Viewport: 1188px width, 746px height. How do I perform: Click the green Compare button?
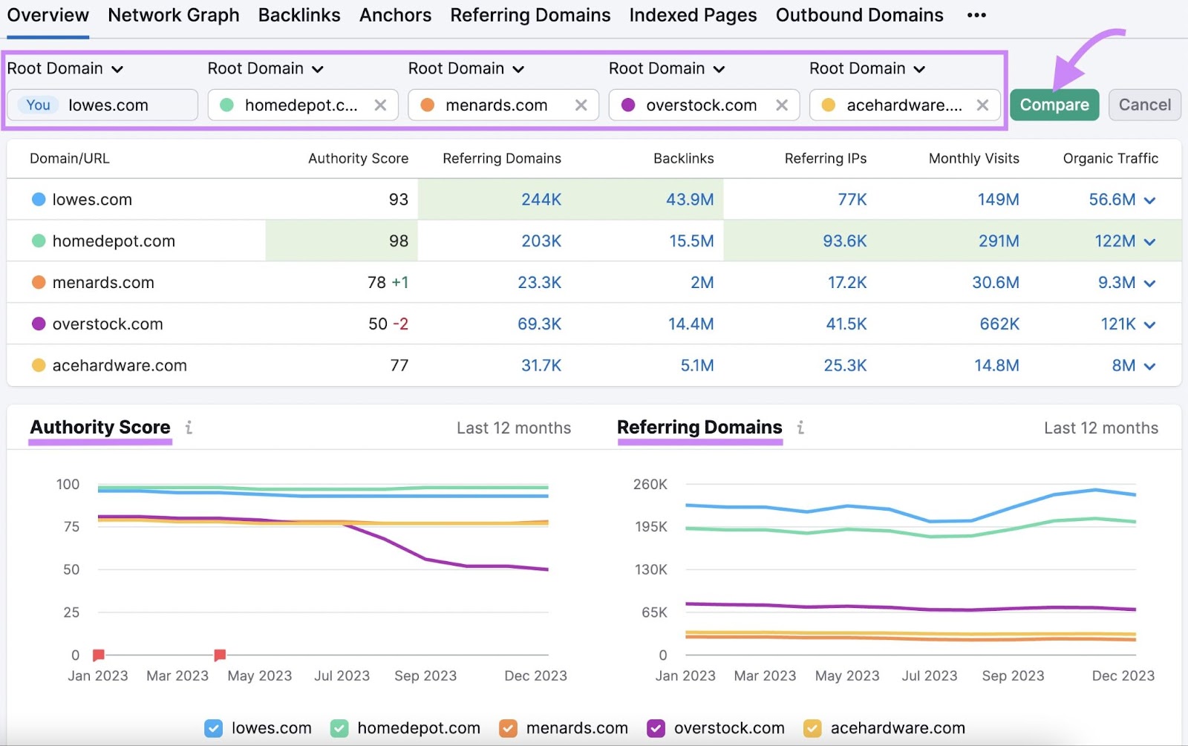[x=1054, y=105]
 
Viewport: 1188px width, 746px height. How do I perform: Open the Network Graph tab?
[x=174, y=15]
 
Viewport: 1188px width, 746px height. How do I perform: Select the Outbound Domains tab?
[x=859, y=15]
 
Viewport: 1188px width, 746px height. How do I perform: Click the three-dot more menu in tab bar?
[x=976, y=15]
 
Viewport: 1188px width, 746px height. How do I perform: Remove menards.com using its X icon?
[x=581, y=105]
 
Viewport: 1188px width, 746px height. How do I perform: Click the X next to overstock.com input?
[x=781, y=105]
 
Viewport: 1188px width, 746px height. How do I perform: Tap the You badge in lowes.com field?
[x=38, y=105]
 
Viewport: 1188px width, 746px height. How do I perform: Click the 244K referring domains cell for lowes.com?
[x=541, y=200]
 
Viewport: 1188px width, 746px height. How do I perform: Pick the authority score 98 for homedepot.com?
[x=398, y=241]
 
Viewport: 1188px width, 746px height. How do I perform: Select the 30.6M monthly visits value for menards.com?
[x=995, y=283]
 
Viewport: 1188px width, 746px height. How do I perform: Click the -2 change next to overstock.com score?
[x=400, y=324]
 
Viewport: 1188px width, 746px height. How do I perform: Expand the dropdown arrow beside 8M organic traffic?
[x=1149, y=366]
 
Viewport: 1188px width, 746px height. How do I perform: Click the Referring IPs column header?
[x=825, y=158]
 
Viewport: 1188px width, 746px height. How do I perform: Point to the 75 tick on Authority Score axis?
[x=71, y=527]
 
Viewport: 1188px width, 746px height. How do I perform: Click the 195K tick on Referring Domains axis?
[x=650, y=527]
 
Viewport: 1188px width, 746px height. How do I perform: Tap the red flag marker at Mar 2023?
[x=220, y=655]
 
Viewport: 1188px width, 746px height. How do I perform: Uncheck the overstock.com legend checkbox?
[x=656, y=728]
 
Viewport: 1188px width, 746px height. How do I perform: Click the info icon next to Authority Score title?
[x=189, y=428]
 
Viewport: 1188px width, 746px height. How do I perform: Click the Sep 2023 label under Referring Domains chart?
[x=1012, y=676]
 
